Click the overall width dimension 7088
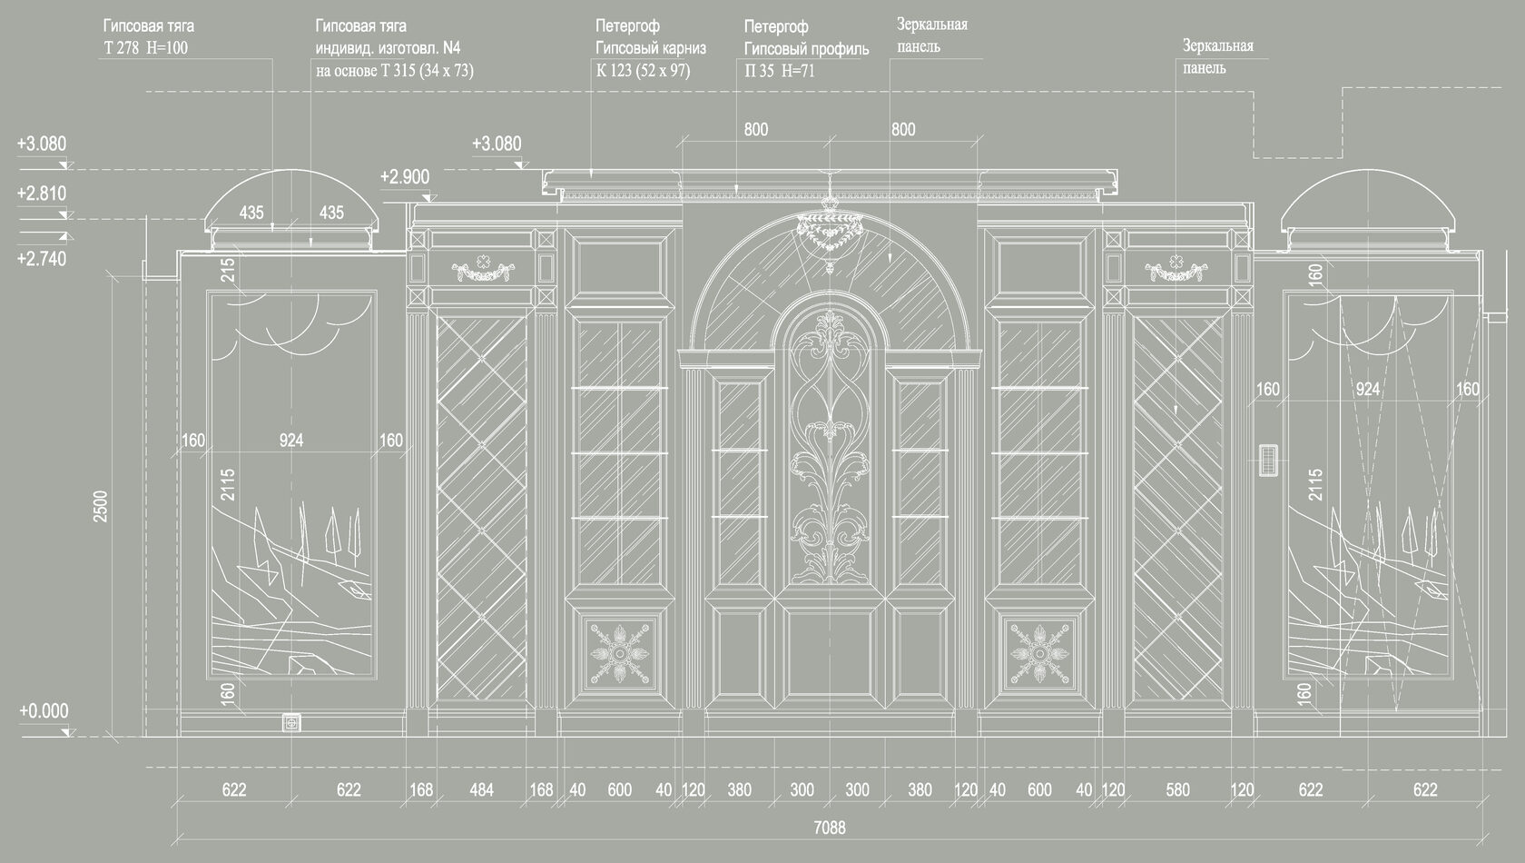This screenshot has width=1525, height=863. [x=830, y=828]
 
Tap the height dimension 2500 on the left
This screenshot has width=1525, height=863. [x=101, y=506]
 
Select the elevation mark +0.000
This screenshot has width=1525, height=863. [x=44, y=710]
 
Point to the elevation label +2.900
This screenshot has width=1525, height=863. [x=405, y=177]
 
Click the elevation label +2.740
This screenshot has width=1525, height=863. [x=42, y=259]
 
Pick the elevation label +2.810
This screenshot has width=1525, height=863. [x=42, y=193]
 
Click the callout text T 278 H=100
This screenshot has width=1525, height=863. [x=145, y=48]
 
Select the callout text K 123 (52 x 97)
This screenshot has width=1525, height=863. [x=643, y=70]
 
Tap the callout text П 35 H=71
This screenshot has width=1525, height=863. [x=780, y=71]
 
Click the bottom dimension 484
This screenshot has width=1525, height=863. [x=481, y=789]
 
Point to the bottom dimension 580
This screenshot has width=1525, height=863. [x=1177, y=789]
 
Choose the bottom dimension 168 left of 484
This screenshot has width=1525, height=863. [x=421, y=789]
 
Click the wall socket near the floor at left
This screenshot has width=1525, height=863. [x=291, y=723]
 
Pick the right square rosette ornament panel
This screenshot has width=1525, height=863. [x=1038, y=653]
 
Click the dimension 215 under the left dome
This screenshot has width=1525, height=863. [x=228, y=270]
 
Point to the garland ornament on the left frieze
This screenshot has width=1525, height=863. [x=482, y=267]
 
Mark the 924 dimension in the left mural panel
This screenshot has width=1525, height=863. [x=290, y=441]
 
